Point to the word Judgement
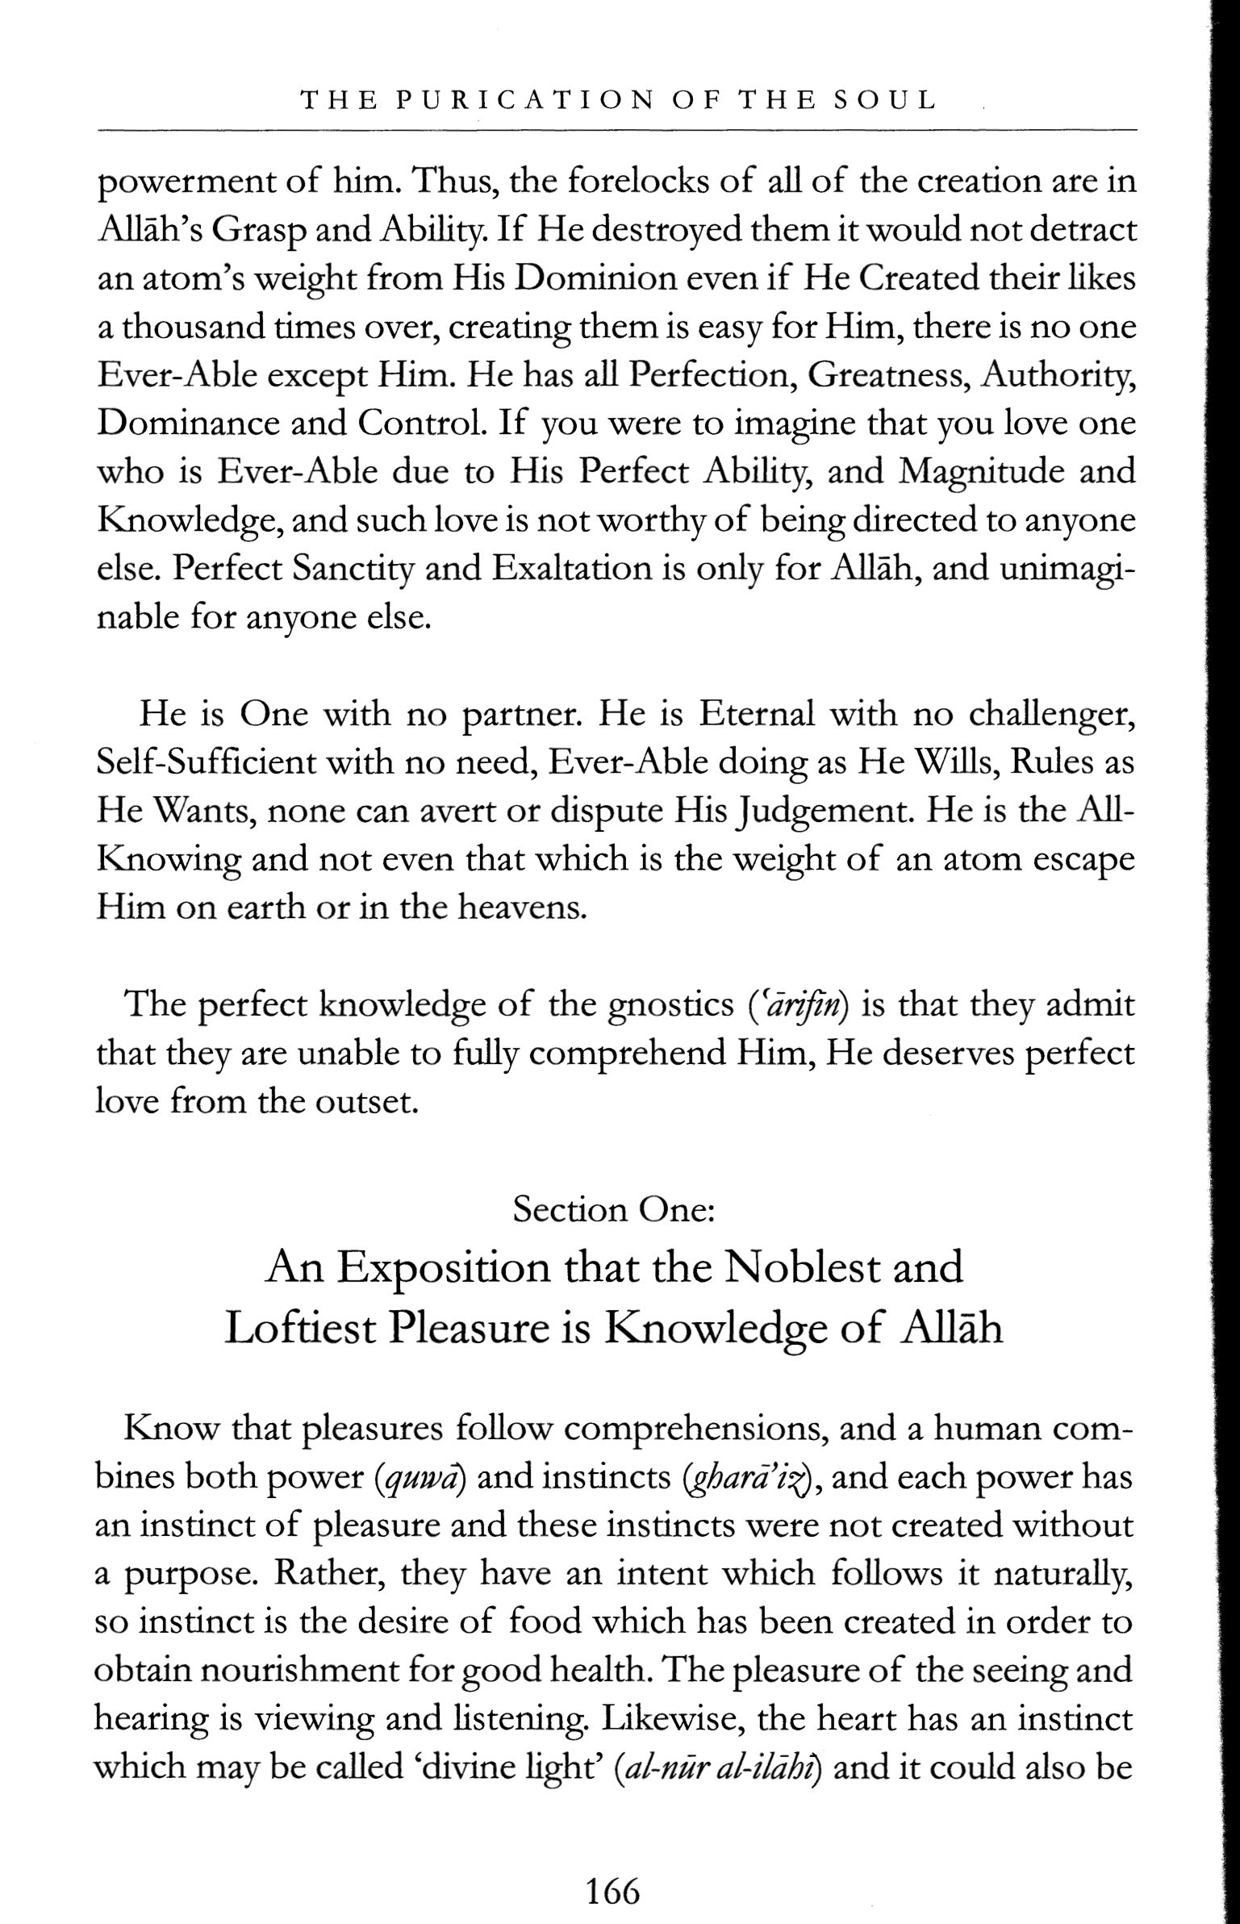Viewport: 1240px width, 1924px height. tap(831, 812)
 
